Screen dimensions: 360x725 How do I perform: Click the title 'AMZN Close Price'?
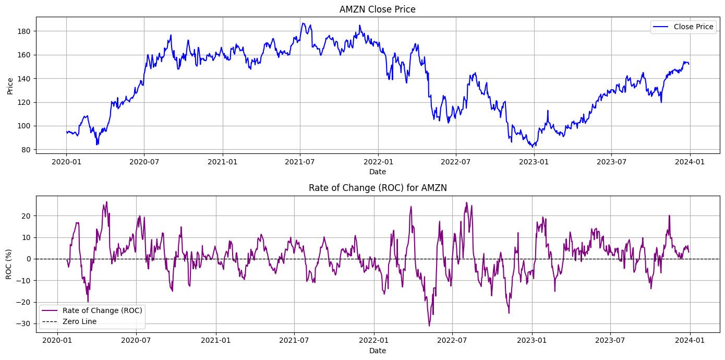(x=377, y=9)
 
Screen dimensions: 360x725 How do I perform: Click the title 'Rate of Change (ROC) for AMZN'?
(x=378, y=188)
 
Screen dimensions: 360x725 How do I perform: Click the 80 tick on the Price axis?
(x=28, y=150)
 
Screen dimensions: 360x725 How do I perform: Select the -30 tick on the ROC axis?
(x=25, y=323)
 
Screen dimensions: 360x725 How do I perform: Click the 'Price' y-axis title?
(x=10, y=86)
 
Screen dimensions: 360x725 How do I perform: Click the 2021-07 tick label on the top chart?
(x=300, y=162)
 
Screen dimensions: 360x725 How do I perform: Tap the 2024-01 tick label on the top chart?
(x=690, y=162)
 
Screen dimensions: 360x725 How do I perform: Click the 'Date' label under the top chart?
(x=377, y=172)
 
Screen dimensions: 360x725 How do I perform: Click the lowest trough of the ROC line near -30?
(x=429, y=326)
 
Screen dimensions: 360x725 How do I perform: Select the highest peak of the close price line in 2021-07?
(x=303, y=23)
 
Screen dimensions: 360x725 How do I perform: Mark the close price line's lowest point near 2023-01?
(x=533, y=147)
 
